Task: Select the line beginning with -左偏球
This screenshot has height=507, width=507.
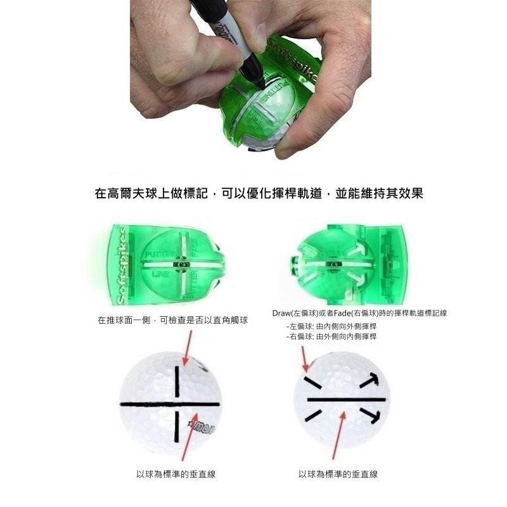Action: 331,326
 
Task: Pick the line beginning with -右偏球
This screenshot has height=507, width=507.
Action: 331,337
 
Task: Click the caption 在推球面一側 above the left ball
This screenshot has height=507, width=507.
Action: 172,321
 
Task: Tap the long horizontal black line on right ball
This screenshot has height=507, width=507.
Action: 346,399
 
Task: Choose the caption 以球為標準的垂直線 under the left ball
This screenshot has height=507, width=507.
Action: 176,474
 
